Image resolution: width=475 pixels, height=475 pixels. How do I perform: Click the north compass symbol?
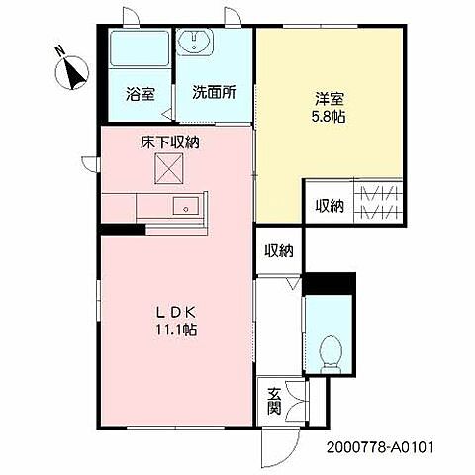click(72, 72)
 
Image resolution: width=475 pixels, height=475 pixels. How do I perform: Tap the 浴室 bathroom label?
click(141, 95)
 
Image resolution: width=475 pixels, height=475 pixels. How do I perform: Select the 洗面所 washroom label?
click(214, 93)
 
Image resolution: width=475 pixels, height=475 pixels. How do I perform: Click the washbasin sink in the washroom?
click(195, 43)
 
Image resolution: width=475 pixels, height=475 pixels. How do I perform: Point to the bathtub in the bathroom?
click(140, 48)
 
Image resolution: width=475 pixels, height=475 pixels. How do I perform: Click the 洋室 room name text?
click(330, 99)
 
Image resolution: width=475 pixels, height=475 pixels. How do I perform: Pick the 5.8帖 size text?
click(329, 117)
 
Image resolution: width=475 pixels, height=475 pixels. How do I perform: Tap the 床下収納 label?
click(170, 142)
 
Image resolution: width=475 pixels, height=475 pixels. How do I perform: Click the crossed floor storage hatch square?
click(168, 168)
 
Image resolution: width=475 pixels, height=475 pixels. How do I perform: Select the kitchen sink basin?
click(186, 205)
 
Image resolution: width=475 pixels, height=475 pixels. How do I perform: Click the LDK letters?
click(176, 312)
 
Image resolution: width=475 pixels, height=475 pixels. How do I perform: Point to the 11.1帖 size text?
click(176, 330)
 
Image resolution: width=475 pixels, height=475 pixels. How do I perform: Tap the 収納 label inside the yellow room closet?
click(330, 206)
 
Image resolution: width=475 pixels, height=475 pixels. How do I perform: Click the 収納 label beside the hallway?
click(279, 251)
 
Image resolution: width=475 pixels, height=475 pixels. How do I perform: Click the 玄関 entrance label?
click(274, 401)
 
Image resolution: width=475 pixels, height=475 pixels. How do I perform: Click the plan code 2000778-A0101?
click(379, 447)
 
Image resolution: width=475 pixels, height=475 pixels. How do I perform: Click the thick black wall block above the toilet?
click(329, 283)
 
